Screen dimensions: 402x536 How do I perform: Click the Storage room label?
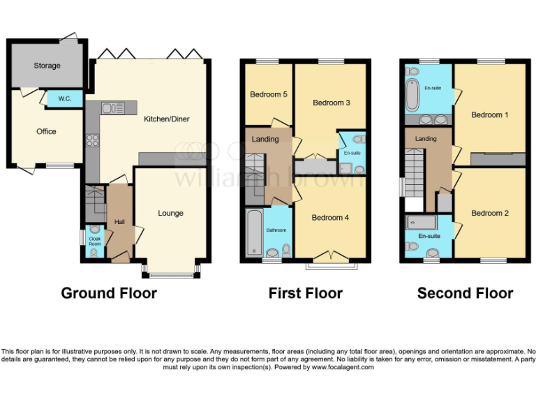click(x=47, y=66)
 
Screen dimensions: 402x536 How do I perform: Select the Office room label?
click(x=46, y=131)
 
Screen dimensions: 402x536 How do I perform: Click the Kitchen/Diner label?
click(x=166, y=119)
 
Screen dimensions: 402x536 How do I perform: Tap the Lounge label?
click(x=170, y=213)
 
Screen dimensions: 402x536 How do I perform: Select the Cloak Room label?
click(x=94, y=241)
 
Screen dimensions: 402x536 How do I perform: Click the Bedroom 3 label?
click(x=331, y=103)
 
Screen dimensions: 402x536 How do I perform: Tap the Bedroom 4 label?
click(x=330, y=218)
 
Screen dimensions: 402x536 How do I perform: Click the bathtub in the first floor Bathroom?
click(x=253, y=233)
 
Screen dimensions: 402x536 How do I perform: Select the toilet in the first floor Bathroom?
click(x=285, y=249)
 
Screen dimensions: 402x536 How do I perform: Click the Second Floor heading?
click(x=465, y=294)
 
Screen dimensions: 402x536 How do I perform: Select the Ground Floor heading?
click(x=109, y=293)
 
